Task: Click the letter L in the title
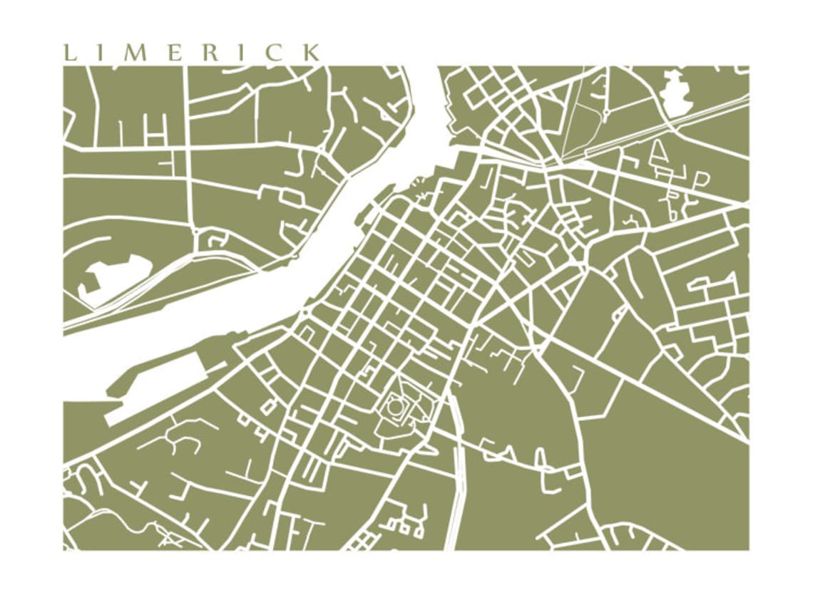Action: (69, 53)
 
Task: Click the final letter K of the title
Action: (311, 53)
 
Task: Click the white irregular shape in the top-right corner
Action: (676, 93)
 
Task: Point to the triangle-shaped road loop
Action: (659, 150)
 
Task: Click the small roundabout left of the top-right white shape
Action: (605, 112)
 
